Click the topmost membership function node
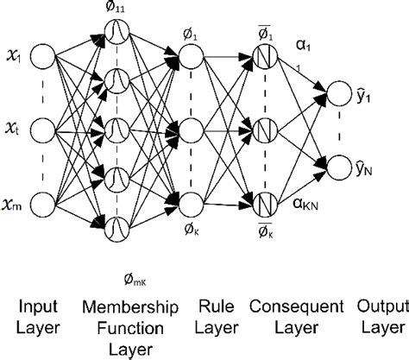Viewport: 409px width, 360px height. click(x=117, y=33)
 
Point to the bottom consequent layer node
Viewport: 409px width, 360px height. click(x=266, y=204)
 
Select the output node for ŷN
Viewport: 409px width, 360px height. click(x=337, y=166)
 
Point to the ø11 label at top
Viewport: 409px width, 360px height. click(x=118, y=8)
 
